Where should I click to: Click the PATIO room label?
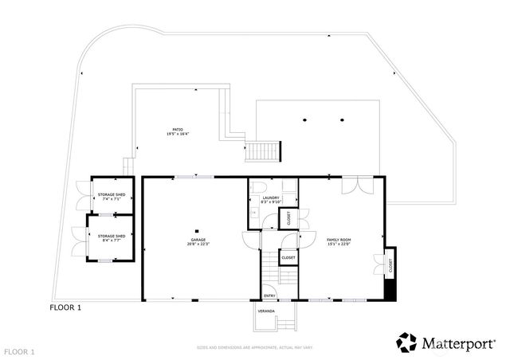click(178, 129)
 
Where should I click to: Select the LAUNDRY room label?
click(270, 198)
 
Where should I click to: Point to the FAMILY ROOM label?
click(339, 239)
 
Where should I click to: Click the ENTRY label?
click(269, 295)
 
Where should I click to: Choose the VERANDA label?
click(265, 311)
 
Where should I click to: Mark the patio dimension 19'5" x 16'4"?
click(178, 134)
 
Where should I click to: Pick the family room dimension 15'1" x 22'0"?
click(339, 244)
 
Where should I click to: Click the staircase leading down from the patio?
click(262, 151)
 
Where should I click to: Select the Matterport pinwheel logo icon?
click(406, 342)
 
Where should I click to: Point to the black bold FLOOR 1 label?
click(65, 306)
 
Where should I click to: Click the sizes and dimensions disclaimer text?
click(254, 348)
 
